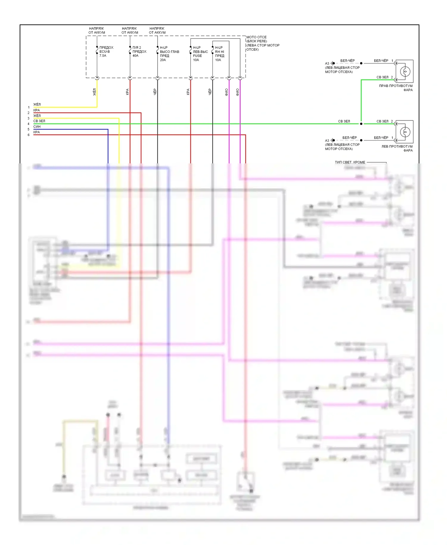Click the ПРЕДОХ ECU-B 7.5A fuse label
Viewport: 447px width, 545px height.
coord(106,52)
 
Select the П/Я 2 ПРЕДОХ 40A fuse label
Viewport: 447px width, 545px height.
coord(139,52)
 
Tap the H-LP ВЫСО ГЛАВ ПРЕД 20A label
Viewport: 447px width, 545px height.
coord(169,54)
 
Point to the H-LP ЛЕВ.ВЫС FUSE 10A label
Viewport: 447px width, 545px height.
coord(200,54)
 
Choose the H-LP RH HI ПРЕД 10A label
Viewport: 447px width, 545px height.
coord(220,54)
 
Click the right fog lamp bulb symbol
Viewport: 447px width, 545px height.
coord(405,72)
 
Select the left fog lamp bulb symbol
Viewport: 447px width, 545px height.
coord(405,132)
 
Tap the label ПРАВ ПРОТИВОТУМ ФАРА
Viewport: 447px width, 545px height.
coord(396,88)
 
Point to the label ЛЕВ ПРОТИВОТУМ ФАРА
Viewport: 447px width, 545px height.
coord(397,148)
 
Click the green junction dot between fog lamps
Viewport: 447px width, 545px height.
coord(361,124)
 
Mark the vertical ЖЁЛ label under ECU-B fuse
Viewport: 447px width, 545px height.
coord(95,92)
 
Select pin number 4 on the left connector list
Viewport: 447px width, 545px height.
coord(29,124)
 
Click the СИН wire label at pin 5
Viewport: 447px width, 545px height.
coord(37,127)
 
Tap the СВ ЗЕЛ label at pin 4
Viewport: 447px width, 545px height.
coord(39,121)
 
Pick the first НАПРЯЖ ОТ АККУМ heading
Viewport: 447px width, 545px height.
coord(97,30)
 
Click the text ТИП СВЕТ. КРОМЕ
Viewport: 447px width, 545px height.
coord(350,162)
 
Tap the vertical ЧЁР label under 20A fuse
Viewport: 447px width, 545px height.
coord(155,92)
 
